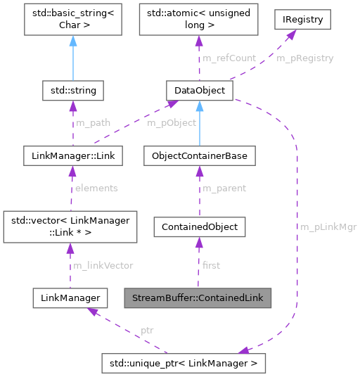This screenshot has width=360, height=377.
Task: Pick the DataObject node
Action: [x=199, y=91]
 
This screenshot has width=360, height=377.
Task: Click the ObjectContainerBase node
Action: [x=199, y=156]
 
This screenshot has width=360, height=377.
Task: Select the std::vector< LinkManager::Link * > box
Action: [x=67, y=227]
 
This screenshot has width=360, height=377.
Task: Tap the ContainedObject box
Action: [x=199, y=227]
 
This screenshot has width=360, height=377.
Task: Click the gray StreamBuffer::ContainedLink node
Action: [x=198, y=298]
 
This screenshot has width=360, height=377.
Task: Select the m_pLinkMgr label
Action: [x=328, y=227]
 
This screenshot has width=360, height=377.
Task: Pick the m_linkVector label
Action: [x=102, y=265]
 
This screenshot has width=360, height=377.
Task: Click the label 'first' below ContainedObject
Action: [x=211, y=265]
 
